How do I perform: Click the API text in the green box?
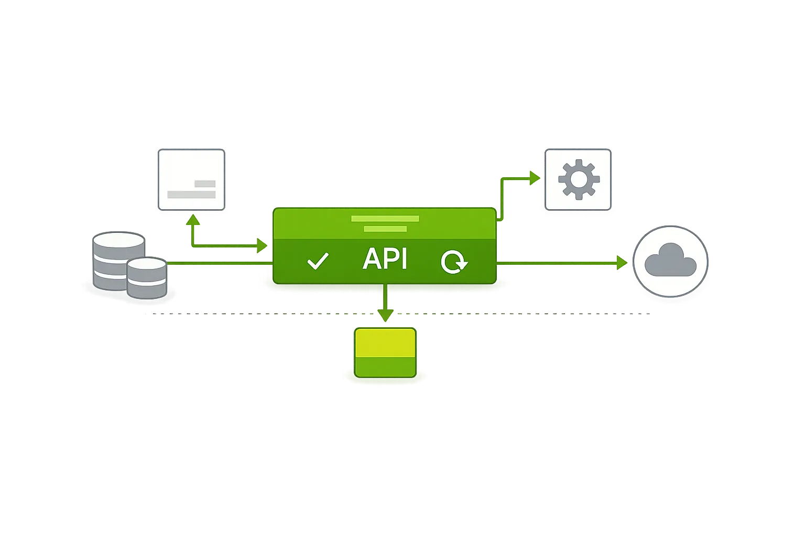pyautogui.click(x=385, y=259)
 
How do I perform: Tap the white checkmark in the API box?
pyautogui.click(x=318, y=261)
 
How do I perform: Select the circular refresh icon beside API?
pyautogui.click(x=453, y=261)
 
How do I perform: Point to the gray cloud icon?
pyautogui.click(x=670, y=260)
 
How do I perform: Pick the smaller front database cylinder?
pyautogui.click(x=147, y=278)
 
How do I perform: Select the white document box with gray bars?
pyautogui.click(x=191, y=179)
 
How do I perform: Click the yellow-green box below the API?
pyautogui.click(x=385, y=352)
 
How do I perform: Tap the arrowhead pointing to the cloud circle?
pyautogui.click(x=622, y=262)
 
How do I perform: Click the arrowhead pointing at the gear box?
pyautogui.click(x=535, y=178)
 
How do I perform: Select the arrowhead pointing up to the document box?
pyautogui.click(x=193, y=220)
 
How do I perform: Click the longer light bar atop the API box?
pyautogui.click(x=385, y=219)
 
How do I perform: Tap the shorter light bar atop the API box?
pyautogui.click(x=385, y=229)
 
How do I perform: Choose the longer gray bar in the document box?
pyautogui.click(x=191, y=195)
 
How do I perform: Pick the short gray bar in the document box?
pyautogui.click(x=205, y=184)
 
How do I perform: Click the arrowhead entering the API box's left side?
pyautogui.click(x=262, y=245)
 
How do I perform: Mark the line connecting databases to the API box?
pyautogui.click(x=220, y=262)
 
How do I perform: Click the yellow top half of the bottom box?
pyautogui.click(x=385, y=342)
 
